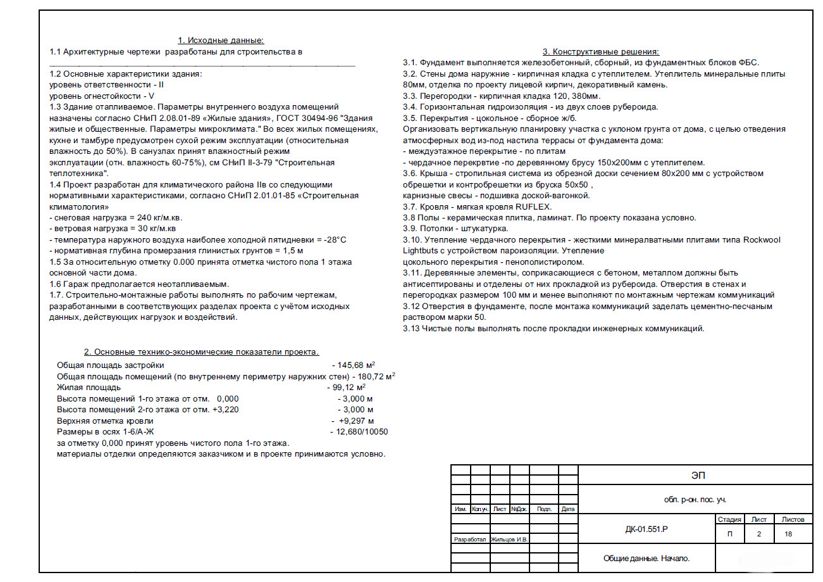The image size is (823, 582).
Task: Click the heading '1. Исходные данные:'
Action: coord(220,41)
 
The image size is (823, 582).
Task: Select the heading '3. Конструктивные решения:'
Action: coord(601,52)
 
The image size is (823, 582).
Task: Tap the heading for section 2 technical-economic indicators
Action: coord(202,352)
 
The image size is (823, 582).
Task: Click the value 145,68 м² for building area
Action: coord(356,365)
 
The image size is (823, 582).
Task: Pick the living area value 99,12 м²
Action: coord(347,388)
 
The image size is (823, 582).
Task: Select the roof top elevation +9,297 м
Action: coord(356,421)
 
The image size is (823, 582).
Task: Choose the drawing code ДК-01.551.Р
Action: coord(646,529)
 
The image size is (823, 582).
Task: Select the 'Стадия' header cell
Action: coord(730,519)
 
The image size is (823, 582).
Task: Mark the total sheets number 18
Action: coord(788,534)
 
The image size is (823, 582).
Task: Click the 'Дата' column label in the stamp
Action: coord(568,509)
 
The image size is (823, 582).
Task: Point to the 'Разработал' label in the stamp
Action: coord(470,540)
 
